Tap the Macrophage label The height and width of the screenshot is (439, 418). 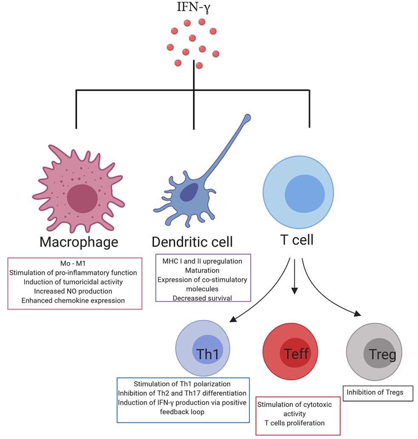79,242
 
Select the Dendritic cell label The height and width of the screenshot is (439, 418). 192,242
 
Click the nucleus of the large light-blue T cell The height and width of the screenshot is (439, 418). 305,194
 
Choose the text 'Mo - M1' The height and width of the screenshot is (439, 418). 75,263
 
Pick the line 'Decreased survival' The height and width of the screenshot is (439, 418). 202,298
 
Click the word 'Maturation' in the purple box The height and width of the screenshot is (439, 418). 202,270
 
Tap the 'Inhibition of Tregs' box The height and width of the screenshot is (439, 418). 378,392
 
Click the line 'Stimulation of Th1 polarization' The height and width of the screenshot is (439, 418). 182,384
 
